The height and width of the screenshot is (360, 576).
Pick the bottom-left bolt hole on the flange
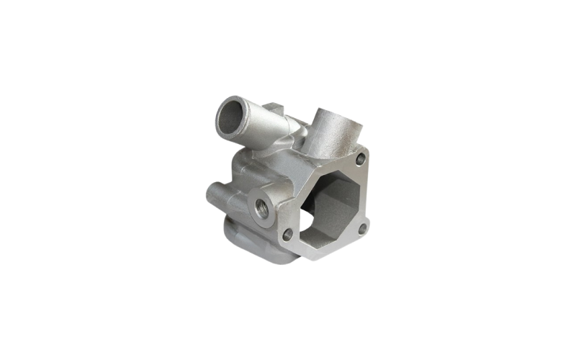tap(288, 234)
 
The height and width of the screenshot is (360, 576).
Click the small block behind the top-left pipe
tap(276, 112)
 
